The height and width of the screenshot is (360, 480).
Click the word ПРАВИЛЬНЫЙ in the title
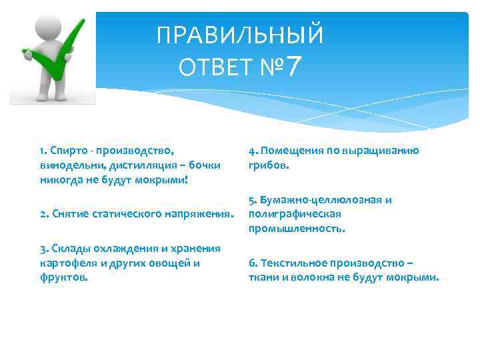pyautogui.click(x=240, y=35)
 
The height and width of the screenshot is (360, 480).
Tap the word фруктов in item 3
pyautogui.click(x=63, y=277)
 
